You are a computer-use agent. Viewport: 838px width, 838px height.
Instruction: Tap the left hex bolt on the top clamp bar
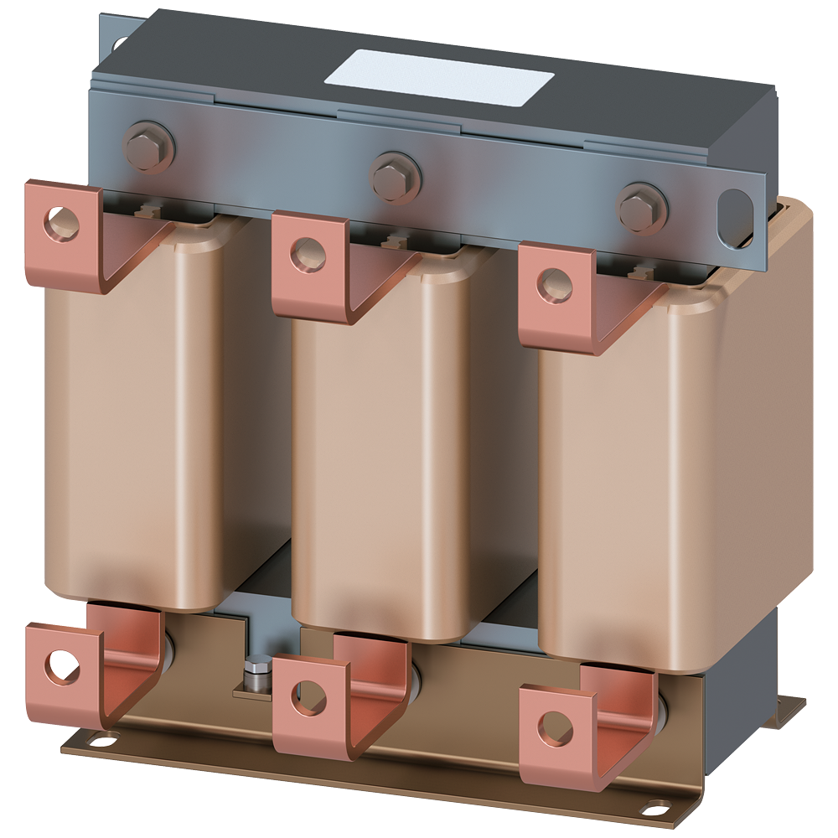tap(150, 147)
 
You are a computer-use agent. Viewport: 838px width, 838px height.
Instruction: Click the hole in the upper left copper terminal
tap(63, 221)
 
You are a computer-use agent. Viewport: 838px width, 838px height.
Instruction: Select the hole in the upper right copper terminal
tap(554, 284)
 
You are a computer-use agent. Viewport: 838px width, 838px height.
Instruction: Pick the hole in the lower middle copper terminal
tap(308, 697)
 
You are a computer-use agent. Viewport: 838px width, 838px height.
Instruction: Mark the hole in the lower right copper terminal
tap(554, 729)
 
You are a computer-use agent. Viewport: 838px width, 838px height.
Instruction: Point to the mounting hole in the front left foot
tap(100, 740)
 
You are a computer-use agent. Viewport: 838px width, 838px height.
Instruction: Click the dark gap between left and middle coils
tap(266, 419)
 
